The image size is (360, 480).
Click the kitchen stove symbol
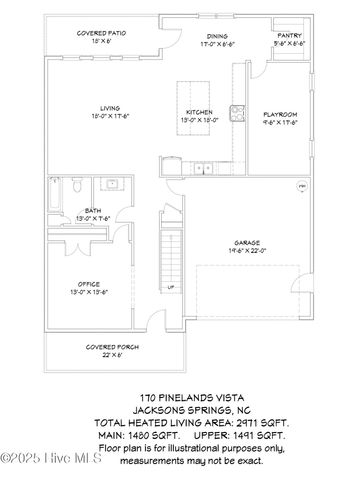237,112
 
